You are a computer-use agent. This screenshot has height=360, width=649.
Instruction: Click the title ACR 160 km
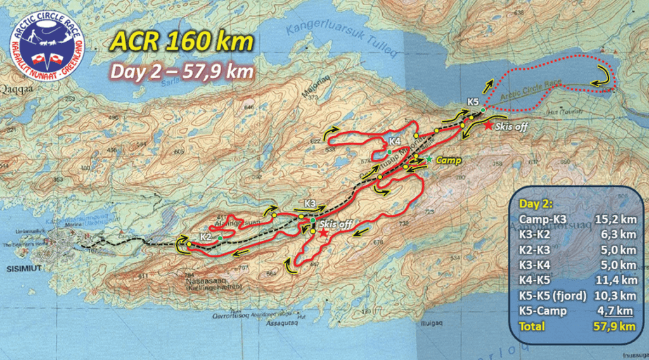(182, 41)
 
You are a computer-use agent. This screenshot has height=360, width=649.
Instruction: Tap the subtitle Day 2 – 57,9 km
(182, 70)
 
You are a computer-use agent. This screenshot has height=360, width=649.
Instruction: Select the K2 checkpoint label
(205, 236)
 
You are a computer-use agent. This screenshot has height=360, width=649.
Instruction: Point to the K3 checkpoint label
(310, 203)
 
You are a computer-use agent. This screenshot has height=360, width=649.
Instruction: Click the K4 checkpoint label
(394, 141)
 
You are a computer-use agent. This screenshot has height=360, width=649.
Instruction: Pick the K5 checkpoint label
(473, 101)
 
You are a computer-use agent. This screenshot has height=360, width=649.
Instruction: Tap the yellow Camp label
(448, 161)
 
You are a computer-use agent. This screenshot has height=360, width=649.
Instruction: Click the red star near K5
(488, 125)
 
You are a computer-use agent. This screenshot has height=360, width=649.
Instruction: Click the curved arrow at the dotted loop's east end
(603, 77)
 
